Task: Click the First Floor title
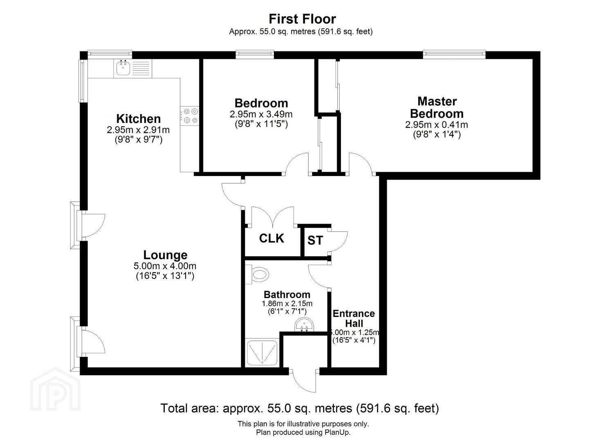click(302, 19)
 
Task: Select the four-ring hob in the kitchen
click(190, 116)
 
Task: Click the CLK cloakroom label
click(271, 238)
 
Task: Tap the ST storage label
click(315, 241)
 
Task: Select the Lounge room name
click(165, 255)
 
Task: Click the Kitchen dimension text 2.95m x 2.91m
click(138, 130)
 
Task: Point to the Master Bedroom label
click(437, 107)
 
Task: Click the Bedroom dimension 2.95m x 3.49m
click(261, 114)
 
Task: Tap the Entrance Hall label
click(354, 318)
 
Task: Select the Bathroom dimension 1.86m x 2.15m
click(287, 303)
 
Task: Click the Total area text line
click(300, 408)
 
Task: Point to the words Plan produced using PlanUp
click(303, 432)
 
